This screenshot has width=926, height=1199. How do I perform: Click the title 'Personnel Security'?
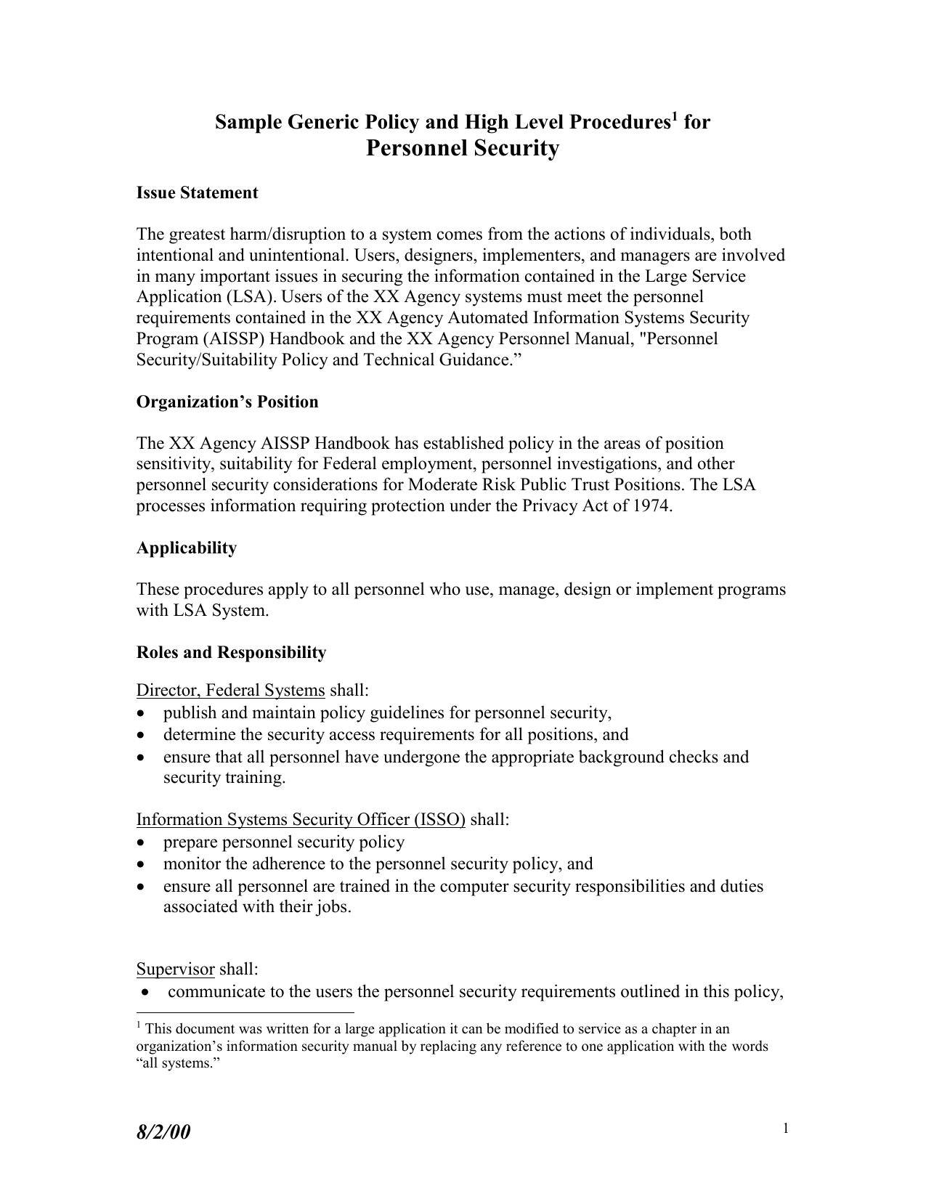coord(463,148)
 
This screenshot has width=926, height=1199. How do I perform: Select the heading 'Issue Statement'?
coord(197,193)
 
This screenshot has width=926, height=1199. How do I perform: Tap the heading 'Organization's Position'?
coord(227,402)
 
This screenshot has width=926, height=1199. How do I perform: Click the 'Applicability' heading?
coord(187,548)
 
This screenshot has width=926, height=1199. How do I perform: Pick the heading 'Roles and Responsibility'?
coord(231,653)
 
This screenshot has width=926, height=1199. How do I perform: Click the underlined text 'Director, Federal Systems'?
coord(230,690)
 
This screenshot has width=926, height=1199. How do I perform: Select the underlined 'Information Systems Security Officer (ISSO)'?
coord(301,820)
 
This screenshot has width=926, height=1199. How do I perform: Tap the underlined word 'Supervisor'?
coord(175,970)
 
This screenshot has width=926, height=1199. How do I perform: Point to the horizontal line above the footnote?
coord(245,1012)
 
